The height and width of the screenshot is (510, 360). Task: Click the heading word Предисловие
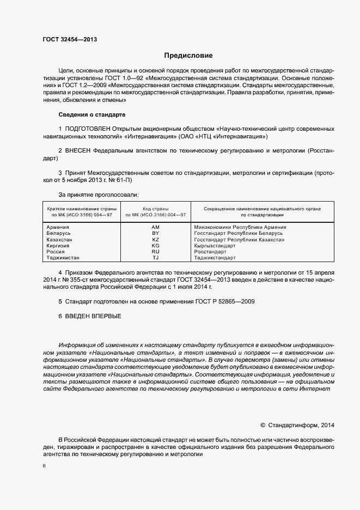coord(188,56)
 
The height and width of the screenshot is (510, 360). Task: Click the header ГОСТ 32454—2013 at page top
coord(70,39)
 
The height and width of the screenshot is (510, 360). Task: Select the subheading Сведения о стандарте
coord(91,114)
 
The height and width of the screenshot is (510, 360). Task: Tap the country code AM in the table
coord(155,227)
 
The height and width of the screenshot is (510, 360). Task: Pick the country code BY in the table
coord(155,233)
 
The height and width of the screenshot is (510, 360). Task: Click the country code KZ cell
coord(155,240)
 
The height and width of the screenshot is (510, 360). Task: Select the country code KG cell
coord(155,246)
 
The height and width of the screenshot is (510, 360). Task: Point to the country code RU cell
coord(155,252)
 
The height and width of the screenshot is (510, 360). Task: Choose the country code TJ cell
coord(155,258)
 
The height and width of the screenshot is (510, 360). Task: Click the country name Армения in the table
coord(58,227)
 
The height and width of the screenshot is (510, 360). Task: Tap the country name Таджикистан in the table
coord(63,258)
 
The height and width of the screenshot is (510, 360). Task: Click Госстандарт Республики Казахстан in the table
coord(239,240)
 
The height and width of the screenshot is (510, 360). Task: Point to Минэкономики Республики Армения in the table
coord(240,227)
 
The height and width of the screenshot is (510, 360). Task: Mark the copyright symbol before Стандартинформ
coord(263,425)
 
